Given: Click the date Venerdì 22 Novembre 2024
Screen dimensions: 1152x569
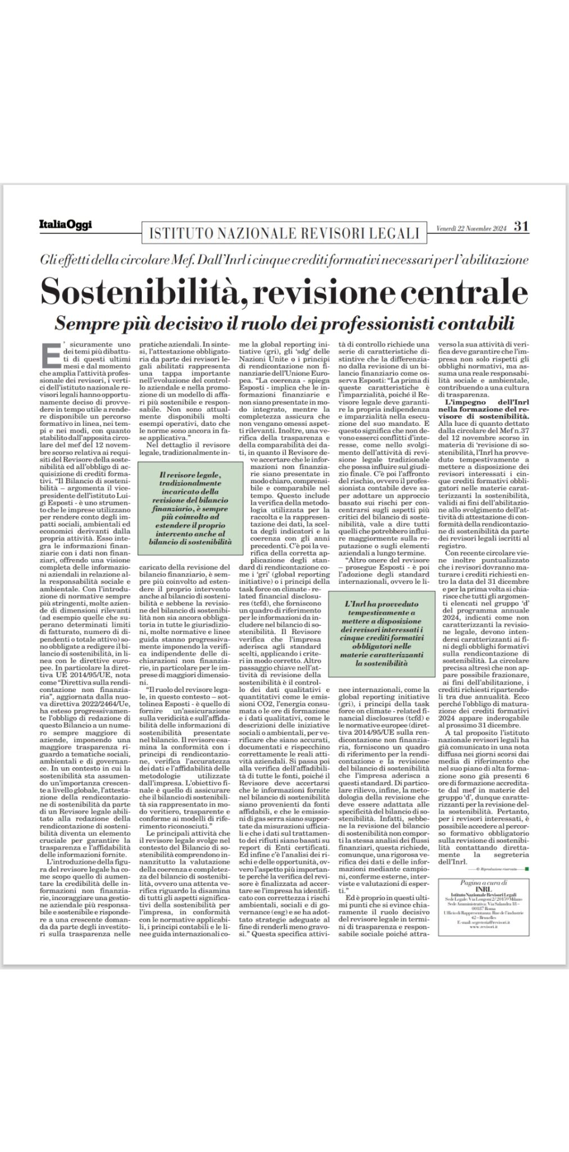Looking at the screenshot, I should (472, 228).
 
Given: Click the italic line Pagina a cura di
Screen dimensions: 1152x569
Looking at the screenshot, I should (484, 883).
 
